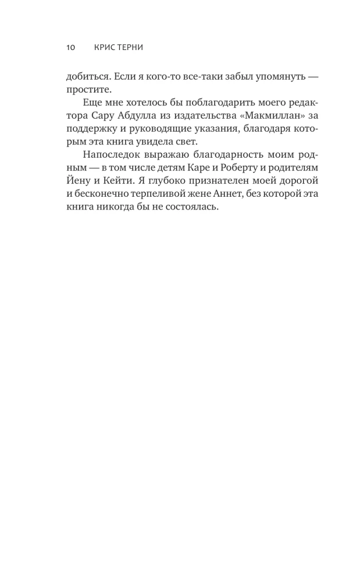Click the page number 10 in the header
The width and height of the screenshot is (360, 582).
pos(70,48)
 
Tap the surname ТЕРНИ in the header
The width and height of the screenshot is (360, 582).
pos(129,48)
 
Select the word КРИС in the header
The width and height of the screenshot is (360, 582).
pos(103,48)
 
